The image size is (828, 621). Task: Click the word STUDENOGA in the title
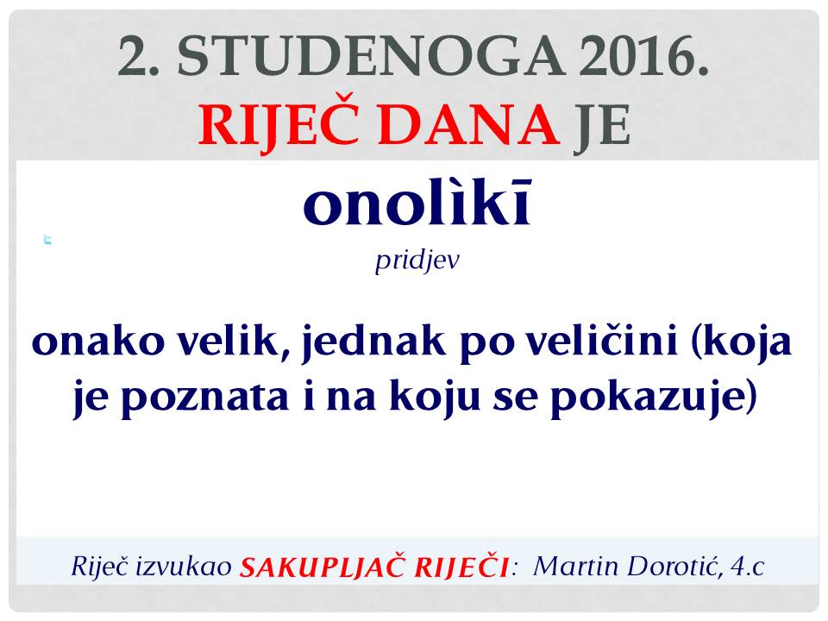(x=372, y=56)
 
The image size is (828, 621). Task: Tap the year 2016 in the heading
(x=643, y=56)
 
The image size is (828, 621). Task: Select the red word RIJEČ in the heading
(x=279, y=125)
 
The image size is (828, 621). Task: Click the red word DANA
(x=468, y=125)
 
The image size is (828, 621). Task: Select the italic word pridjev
(x=417, y=260)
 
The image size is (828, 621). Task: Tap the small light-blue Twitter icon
(x=47, y=240)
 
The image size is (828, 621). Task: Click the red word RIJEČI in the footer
(x=461, y=567)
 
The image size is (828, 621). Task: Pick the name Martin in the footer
(x=575, y=568)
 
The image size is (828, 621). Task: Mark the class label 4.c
(x=748, y=568)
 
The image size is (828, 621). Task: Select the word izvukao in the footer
(x=184, y=568)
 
